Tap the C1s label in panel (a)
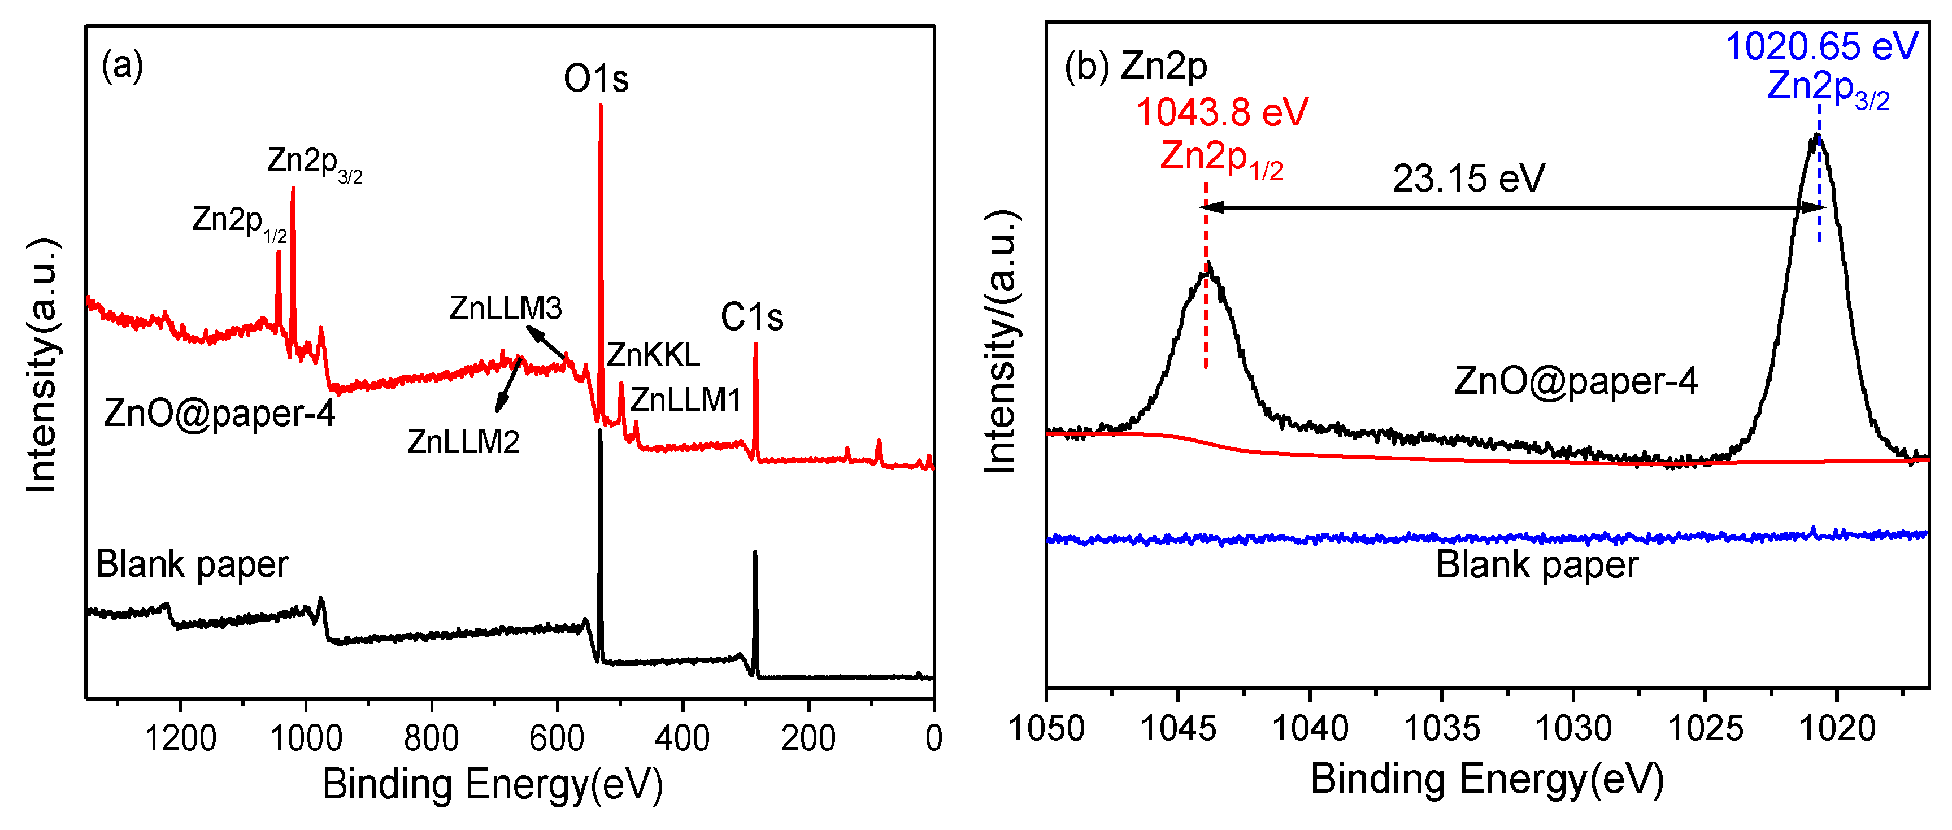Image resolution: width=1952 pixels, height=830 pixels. pos(751,317)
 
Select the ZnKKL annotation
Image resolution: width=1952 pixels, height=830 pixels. pos(653,355)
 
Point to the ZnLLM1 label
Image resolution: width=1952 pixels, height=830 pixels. pos(685,399)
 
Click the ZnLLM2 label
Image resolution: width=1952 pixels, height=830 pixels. pos(463,442)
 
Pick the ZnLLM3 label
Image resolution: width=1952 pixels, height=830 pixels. pos(506,308)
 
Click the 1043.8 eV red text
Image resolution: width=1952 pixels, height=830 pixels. pos(1221,112)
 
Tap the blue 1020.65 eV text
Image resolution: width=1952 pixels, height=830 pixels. pos(1821,46)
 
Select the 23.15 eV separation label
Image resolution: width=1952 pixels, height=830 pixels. pos(1468,179)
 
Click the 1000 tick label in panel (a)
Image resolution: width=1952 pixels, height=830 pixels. pos(306,737)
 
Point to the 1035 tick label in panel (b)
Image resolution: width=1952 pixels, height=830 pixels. pos(1441,728)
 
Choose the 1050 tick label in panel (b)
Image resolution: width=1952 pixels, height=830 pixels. pos(1046,728)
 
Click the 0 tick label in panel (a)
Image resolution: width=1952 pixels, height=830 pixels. pos(933,737)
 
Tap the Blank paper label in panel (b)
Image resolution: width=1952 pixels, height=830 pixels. pos(1537,564)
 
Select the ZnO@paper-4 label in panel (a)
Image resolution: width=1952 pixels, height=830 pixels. pos(219,413)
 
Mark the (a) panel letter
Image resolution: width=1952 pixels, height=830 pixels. pos(122,65)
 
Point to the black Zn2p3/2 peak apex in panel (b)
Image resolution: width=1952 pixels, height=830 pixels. pos(1816,136)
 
